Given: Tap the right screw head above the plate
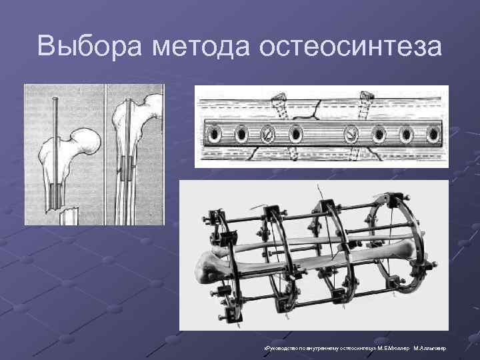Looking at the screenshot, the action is pos(365,98).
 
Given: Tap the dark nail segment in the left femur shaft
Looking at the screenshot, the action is pos(55,196).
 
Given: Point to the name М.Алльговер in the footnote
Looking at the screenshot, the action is pos(432,348).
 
